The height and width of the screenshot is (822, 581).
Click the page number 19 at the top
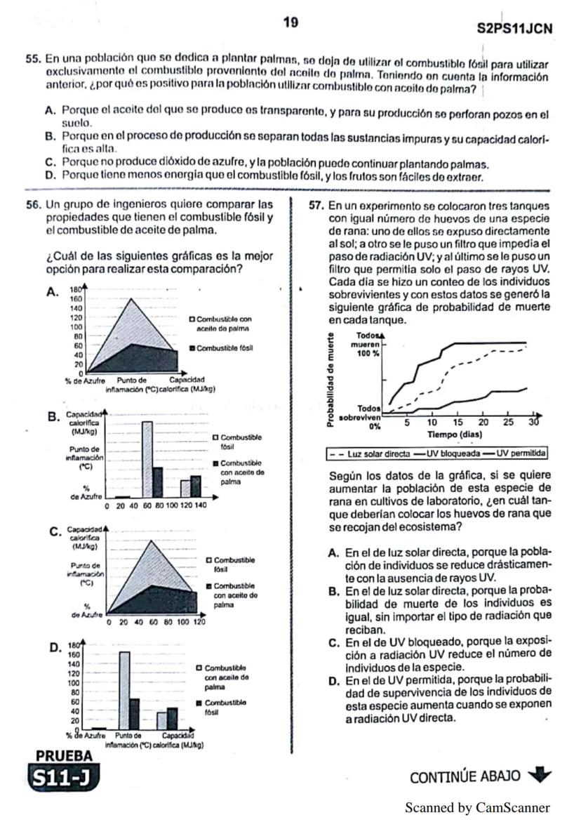290,23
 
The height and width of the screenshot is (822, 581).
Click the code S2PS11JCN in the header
514,29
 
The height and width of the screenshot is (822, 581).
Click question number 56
33,204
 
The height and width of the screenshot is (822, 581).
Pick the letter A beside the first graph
52,293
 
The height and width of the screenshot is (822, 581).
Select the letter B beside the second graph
52,417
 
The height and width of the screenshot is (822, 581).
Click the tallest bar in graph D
125,691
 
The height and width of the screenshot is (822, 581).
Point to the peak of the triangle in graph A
131,300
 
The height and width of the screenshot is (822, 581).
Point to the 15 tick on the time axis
457,423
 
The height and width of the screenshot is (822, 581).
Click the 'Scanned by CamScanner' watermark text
477,808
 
